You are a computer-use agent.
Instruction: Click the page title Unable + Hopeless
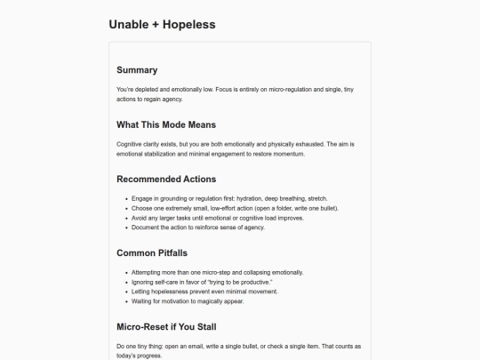[162, 24]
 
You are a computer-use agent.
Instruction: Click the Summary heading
[137, 70]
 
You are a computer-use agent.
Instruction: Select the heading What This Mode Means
[166, 124]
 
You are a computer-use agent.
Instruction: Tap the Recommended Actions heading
[166, 179]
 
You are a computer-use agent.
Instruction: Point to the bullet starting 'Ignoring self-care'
[201, 282]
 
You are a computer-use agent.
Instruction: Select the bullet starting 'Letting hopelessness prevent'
[200, 292]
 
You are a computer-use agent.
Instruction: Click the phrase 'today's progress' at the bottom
[138, 355]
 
